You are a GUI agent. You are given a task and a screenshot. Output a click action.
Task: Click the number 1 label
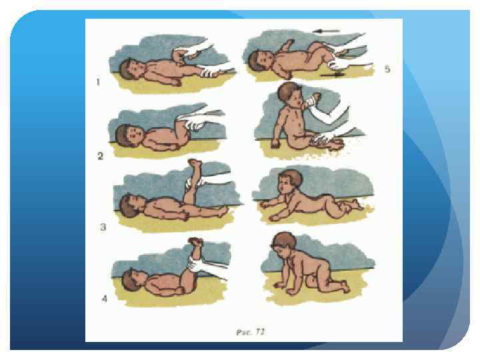[98, 82]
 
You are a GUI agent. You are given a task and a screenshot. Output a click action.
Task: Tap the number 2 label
[101, 156]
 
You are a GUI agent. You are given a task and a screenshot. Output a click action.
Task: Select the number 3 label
[103, 227]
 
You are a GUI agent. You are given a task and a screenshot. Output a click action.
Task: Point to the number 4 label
[105, 299]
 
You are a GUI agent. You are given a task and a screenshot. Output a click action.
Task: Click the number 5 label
[387, 69]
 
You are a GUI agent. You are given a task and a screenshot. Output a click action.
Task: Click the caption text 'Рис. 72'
[250, 332]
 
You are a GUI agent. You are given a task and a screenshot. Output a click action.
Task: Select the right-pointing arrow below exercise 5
[332, 75]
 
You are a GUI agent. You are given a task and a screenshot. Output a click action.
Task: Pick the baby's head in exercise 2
[127, 135]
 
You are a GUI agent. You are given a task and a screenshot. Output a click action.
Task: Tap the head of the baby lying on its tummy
[289, 181]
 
